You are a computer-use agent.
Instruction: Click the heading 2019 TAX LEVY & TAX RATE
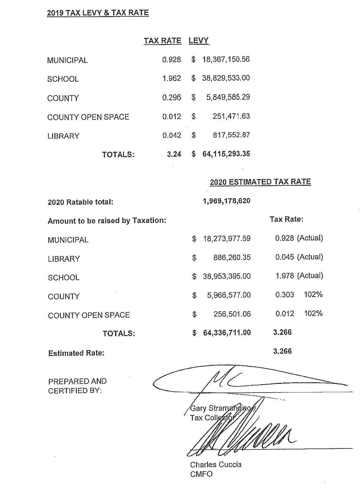pos(98,13)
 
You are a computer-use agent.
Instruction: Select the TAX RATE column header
pos(162,41)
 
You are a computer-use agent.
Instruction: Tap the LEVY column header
pos(199,41)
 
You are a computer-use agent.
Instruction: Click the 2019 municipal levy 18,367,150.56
pos(226,59)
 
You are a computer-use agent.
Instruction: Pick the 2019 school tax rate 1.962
pos(172,78)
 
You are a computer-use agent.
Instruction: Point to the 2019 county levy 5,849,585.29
pos(228,97)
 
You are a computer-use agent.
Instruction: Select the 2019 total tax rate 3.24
pos(174,154)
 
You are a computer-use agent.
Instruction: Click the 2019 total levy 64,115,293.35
pos(226,154)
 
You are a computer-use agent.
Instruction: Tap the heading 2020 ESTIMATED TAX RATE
pos(260,182)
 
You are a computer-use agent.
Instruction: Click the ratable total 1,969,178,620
pos(227,201)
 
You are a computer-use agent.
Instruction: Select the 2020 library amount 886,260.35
pos(232,258)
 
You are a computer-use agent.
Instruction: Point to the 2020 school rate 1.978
pos(284,276)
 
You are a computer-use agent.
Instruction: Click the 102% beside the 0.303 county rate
pos(313,294)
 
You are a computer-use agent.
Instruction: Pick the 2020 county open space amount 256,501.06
pos(232,314)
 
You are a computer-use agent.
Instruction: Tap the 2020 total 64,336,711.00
pos(227,333)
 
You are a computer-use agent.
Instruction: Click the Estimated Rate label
pos(76,353)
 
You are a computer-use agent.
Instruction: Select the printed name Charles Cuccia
pos(216,465)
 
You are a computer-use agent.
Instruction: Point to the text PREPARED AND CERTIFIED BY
pos(77,386)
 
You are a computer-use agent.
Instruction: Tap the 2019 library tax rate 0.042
pos(172,135)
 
